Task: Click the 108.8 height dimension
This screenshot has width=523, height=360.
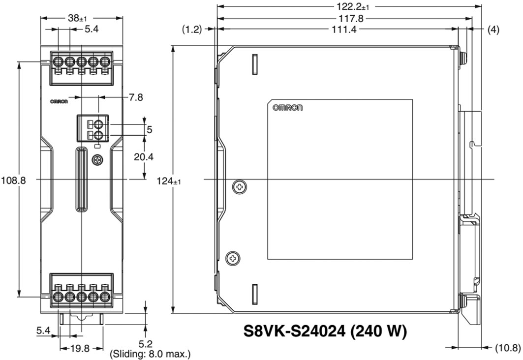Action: click(13, 180)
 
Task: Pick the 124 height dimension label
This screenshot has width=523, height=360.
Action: click(169, 181)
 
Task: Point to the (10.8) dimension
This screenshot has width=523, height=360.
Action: click(506, 347)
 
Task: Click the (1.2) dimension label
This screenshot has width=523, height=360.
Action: click(192, 30)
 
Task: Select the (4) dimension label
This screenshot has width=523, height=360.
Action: click(493, 30)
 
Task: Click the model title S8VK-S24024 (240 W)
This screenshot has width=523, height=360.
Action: click(325, 331)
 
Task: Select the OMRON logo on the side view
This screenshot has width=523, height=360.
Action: click(288, 108)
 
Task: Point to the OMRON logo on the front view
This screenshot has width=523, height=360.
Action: click(60, 102)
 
